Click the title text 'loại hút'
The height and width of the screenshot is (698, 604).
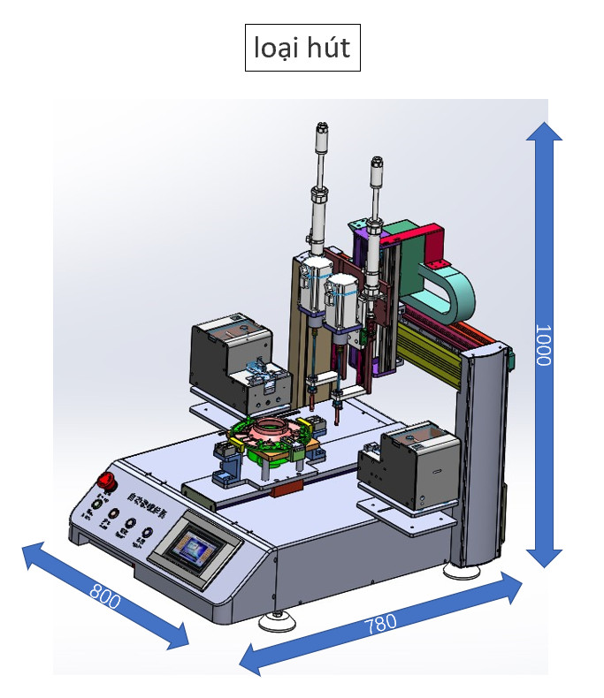click(x=302, y=48)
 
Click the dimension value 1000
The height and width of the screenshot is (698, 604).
click(x=543, y=345)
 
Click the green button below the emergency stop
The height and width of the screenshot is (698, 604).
click(x=95, y=505)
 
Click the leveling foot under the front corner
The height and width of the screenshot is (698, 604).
click(x=277, y=622)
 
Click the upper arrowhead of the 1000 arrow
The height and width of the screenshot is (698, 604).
click(x=543, y=133)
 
